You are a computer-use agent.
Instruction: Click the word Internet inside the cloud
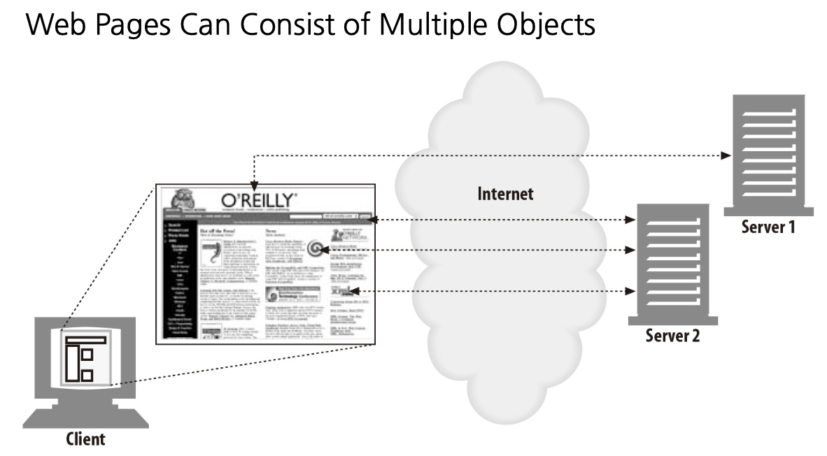tap(505, 193)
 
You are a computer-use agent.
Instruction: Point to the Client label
tap(85, 440)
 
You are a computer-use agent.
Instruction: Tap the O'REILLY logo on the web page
tap(258, 199)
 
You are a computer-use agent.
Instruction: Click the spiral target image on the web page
tap(316, 249)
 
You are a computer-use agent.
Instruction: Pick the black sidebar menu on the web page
tap(178, 280)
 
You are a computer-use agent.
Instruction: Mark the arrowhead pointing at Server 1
tap(725, 155)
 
